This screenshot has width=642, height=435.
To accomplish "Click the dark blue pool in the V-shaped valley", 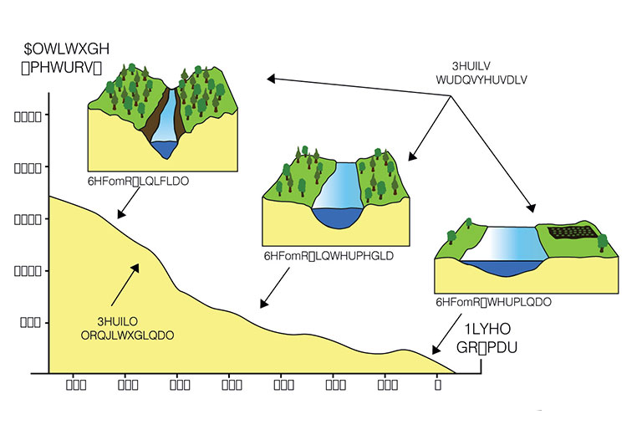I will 164,149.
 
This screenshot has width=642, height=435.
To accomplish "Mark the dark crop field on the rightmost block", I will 572,232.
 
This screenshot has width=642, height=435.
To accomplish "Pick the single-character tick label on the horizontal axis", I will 437,386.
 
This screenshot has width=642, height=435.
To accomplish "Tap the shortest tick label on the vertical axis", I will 27,322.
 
